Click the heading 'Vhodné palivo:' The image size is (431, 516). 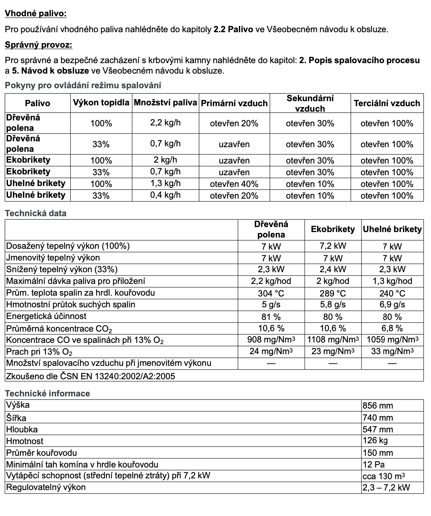[36, 13]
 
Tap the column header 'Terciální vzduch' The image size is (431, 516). [387, 103]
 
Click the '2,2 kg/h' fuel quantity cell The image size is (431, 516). [165, 123]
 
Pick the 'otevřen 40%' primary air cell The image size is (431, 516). [234, 184]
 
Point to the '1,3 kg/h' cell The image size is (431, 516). [165, 184]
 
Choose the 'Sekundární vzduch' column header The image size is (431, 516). [310, 103]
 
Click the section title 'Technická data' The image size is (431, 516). [36, 213]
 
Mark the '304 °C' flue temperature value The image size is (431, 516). [271, 293]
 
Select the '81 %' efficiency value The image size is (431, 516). [271, 317]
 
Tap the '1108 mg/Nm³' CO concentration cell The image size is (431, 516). [333, 340]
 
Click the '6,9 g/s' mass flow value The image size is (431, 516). [392, 305]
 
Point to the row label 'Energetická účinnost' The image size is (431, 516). [46, 317]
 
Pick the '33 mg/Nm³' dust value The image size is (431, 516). [392, 351]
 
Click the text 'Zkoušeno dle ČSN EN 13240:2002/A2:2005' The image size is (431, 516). [91, 376]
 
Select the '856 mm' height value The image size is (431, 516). [378, 406]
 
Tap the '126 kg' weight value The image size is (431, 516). [376, 441]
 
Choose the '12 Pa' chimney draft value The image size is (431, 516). [374, 464]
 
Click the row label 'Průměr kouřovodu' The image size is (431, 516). [41, 452]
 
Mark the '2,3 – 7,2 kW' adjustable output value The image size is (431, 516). [386, 488]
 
